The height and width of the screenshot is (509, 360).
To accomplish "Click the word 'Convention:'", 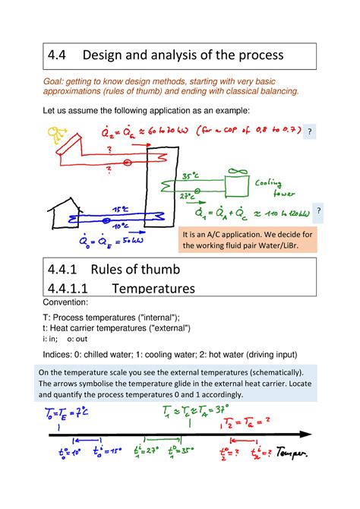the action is pyautogui.click(x=67, y=302).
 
